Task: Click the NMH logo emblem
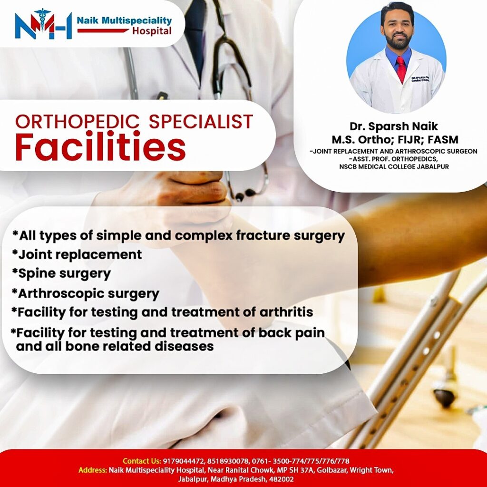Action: [x=43, y=24]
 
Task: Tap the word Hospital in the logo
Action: [x=152, y=31]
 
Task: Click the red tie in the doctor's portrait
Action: [x=401, y=69]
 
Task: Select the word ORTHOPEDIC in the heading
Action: [x=78, y=121]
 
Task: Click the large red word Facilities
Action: [x=100, y=146]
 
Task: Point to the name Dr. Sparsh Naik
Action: [x=393, y=126]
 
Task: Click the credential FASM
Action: [x=443, y=139]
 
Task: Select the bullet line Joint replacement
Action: [x=77, y=254]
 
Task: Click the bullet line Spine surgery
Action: [x=61, y=273]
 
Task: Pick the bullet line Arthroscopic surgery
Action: [x=86, y=293]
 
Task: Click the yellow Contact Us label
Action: [x=142, y=461]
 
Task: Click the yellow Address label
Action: [x=93, y=470]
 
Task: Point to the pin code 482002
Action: [x=282, y=479]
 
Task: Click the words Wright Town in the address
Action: [x=371, y=470]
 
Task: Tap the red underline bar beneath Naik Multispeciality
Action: [x=103, y=30]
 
